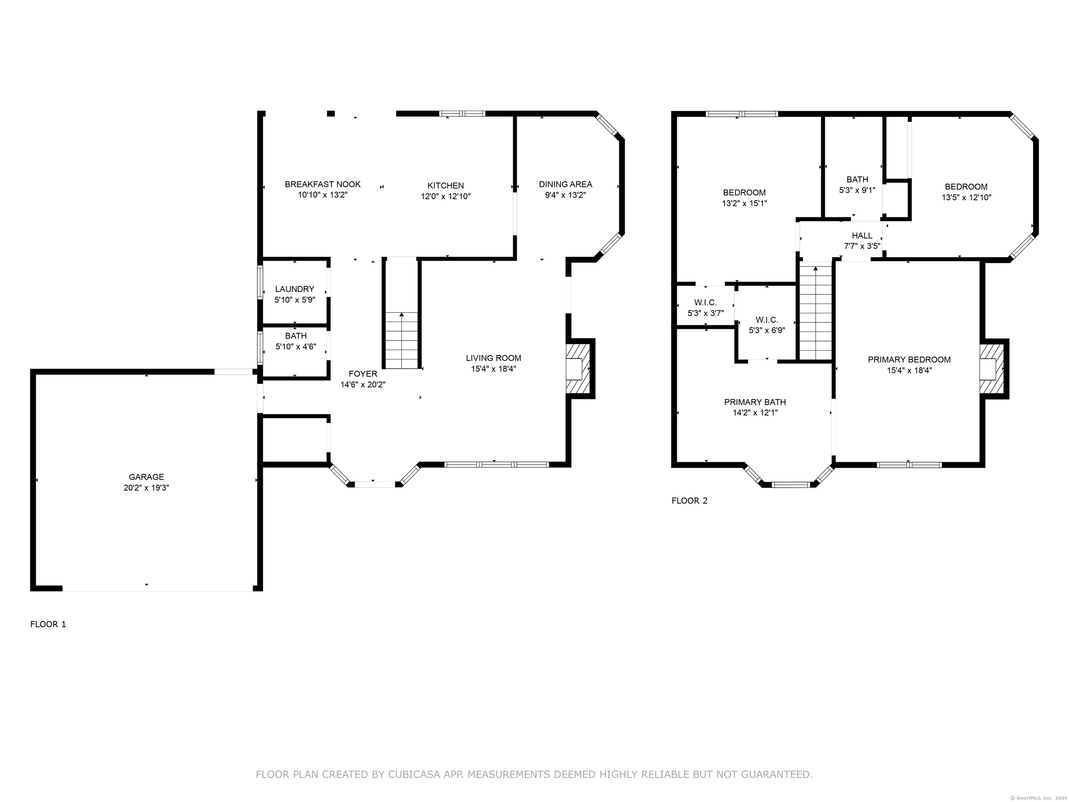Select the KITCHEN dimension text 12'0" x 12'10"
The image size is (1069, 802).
coord(445,196)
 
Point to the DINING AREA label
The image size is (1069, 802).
coord(565,184)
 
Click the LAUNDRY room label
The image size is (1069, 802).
coord(295,289)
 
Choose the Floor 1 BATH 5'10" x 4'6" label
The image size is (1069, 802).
coord(296,341)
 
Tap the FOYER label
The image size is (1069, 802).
coord(363,374)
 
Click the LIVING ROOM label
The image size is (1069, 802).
coord(493,358)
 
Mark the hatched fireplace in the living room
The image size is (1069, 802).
coord(578,369)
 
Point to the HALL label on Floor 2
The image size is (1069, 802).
coord(862,235)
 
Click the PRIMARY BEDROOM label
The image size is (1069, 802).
coord(909,360)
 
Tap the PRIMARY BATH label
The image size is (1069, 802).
coord(755,402)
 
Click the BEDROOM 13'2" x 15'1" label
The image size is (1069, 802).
coord(744,198)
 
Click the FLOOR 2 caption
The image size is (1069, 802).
coord(690,501)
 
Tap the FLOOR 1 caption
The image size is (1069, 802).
coord(48,624)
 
